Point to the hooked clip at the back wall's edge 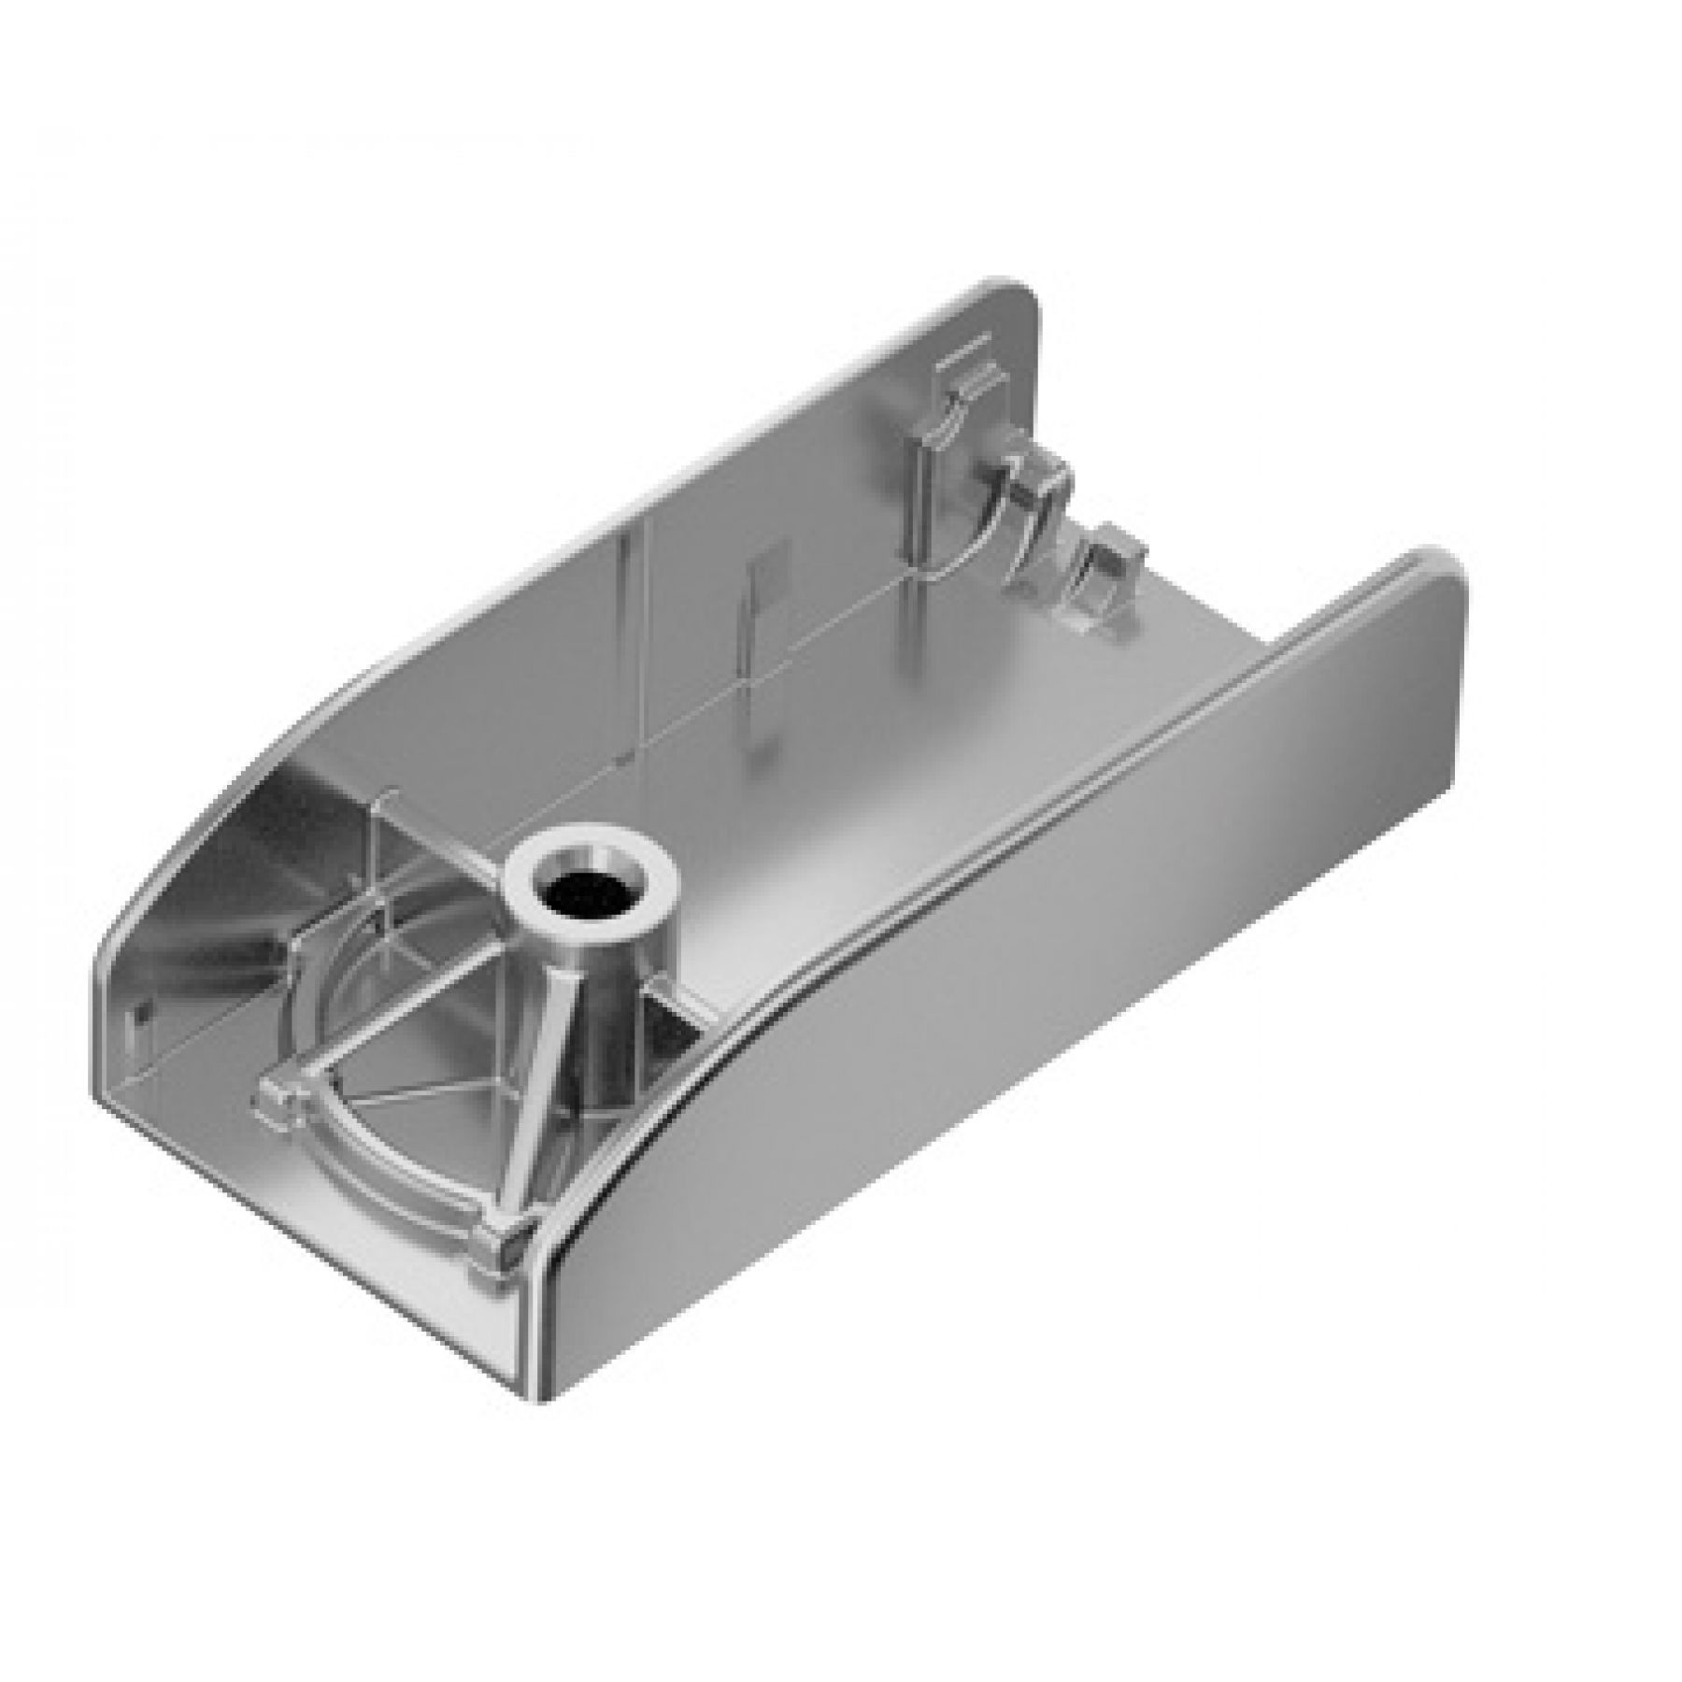[1037, 486]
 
